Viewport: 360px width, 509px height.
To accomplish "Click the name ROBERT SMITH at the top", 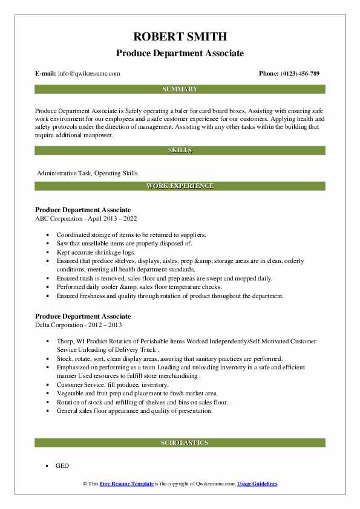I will pyautogui.click(x=180, y=36).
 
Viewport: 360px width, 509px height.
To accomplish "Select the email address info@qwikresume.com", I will pyautogui.click(x=90, y=74).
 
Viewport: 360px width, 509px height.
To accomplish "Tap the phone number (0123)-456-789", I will pyautogui.click(x=298, y=74).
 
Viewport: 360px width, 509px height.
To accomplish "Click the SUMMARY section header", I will pyautogui.click(x=180, y=89).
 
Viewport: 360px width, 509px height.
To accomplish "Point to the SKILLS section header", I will pyautogui.click(x=180, y=150).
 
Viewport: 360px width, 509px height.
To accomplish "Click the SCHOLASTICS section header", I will pyautogui.click(x=180, y=443).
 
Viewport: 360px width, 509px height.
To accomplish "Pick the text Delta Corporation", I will pyautogui.click(x=62, y=325).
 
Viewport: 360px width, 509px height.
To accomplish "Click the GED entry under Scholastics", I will pyautogui.click(x=62, y=466).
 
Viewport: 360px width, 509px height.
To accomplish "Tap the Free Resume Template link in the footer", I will pyautogui.click(x=126, y=484).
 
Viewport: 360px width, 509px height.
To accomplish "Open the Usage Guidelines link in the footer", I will pyautogui.click(x=257, y=484).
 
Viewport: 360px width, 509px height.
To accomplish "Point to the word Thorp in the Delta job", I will pyautogui.click(x=65, y=342).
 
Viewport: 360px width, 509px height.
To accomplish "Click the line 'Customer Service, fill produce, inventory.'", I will pyautogui.click(x=113, y=384).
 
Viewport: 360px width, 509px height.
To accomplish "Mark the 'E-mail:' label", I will pyautogui.click(x=46, y=74).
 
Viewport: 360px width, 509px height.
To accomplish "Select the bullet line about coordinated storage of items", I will pyautogui.click(x=131, y=234).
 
